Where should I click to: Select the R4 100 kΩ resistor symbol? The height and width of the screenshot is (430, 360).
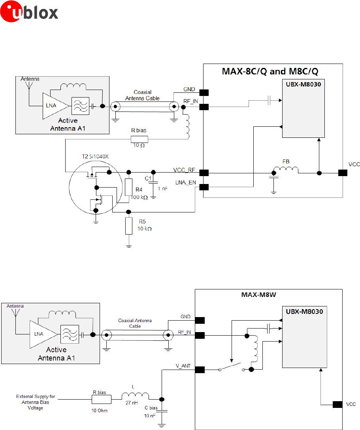128,187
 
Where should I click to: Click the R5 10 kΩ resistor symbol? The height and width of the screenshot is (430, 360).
128,226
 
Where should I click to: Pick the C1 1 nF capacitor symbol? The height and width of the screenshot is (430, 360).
154,183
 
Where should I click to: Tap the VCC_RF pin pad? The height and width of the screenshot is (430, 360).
204,173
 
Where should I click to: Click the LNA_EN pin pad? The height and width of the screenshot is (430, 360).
204,187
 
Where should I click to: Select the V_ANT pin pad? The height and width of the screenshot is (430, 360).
200,370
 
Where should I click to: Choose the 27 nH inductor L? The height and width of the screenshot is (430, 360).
135,396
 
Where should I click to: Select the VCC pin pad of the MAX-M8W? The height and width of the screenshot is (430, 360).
337,404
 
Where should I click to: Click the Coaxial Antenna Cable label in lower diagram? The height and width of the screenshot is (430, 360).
135,323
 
